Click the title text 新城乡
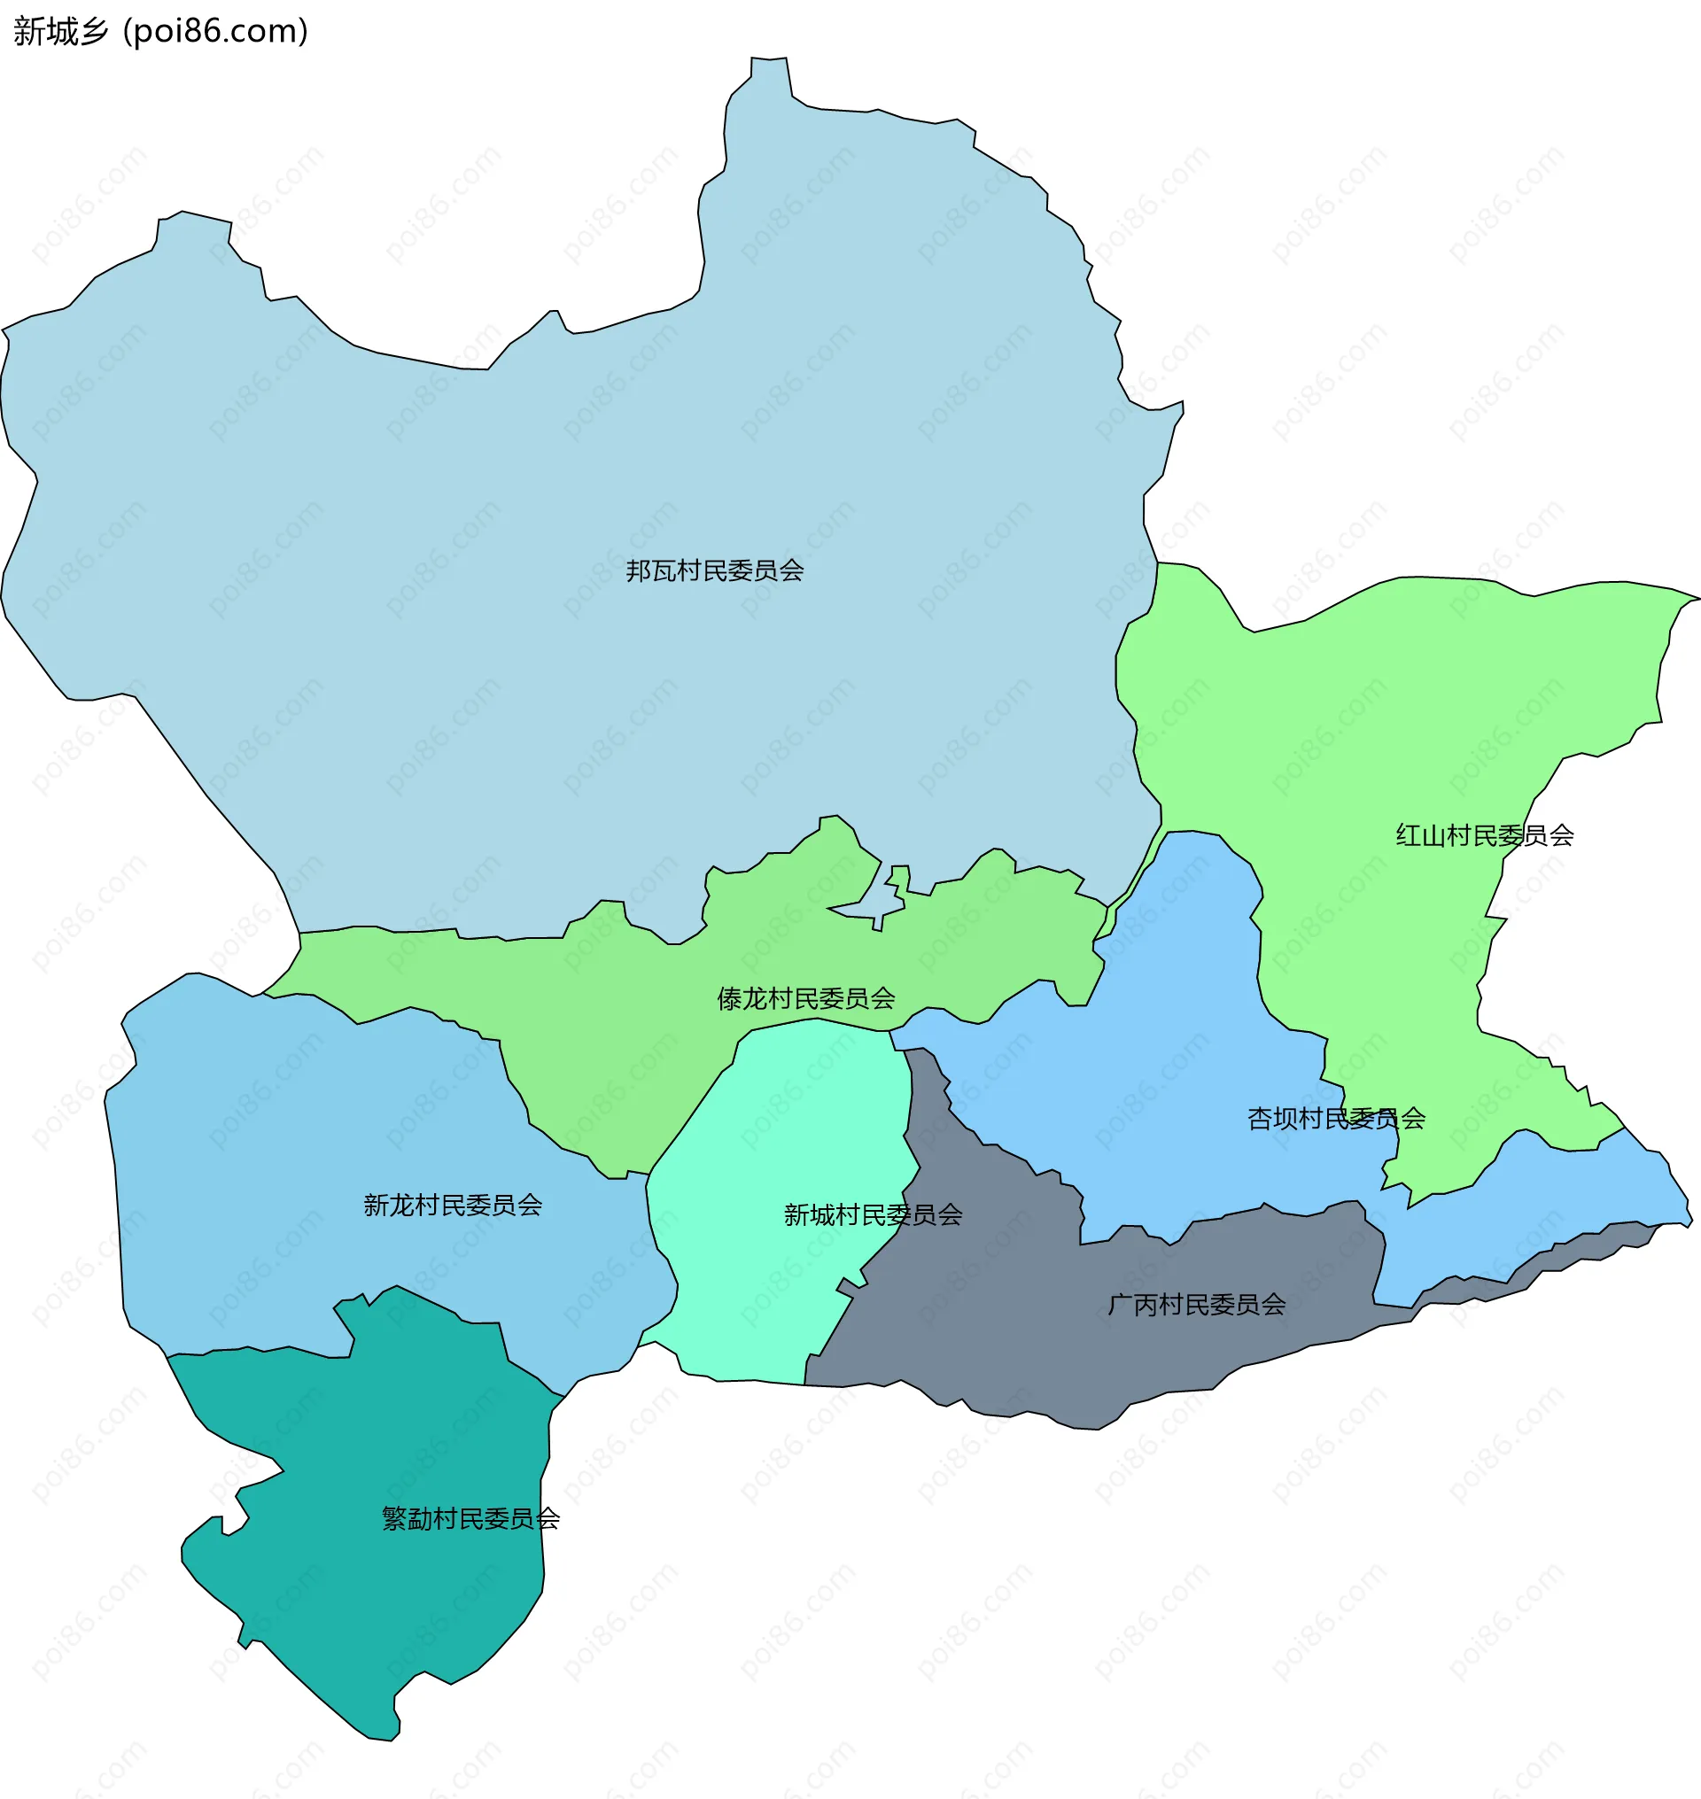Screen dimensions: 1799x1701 pyautogui.click(x=61, y=32)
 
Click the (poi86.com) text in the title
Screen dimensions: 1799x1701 pyautogui.click(x=216, y=32)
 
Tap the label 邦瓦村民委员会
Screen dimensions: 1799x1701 pyautogui.click(x=714, y=571)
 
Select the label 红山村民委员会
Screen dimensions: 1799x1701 pyautogui.click(x=1483, y=836)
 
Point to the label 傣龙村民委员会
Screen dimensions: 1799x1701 pyautogui.click(x=805, y=999)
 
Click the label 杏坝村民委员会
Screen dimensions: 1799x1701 pyautogui.click(x=1336, y=1119)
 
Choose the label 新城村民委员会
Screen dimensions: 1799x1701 pyautogui.click(x=873, y=1215)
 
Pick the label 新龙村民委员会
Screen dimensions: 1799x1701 pyautogui.click(x=453, y=1205)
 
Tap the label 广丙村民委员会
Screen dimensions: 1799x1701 pyautogui.click(x=1196, y=1305)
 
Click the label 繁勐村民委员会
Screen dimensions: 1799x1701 pyautogui.click(x=470, y=1519)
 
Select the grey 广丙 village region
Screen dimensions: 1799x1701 pyautogui.click(x=1043, y=1342)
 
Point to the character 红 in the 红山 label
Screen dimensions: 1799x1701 pyautogui.click(x=1408, y=836)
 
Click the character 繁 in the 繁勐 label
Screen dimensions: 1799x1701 pyautogui.click(x=394, y=1519)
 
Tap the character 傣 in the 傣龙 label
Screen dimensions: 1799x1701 pyautogui.click(x=730, y=999)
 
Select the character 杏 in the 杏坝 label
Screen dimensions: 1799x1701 pyautogui.click(x=1261, y=1119)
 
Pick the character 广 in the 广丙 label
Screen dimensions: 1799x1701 pyautogui.click(x=1120, y=1305)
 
